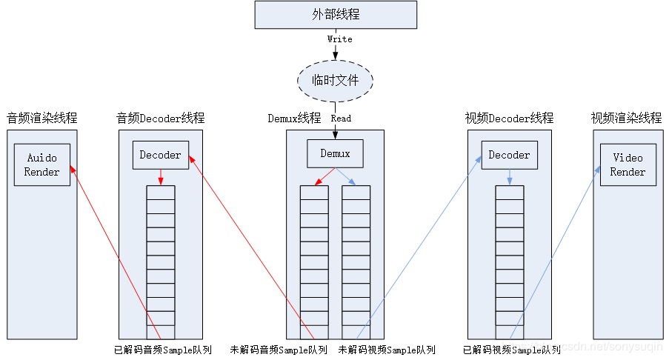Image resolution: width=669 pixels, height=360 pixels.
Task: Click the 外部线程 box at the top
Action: (x=335, y=15)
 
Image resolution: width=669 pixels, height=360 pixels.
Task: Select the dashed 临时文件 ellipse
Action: (x=335, y=79)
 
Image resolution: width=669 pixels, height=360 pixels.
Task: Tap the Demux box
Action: (x=335, y=154)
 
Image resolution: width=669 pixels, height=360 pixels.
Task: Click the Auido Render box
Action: (x=42, y=164)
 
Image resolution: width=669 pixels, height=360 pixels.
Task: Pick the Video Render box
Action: (x=628, y=164)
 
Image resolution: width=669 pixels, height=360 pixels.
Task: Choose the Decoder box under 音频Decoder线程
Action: (x=161, y=155)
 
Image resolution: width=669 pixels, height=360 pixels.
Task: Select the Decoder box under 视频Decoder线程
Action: (x=509, y=155)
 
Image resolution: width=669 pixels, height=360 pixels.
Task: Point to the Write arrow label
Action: (x=339, y=39)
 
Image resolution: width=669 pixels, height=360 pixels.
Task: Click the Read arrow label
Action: (x=341, y=118)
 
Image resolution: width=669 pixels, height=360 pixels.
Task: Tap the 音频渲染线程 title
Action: (x=42, y=118)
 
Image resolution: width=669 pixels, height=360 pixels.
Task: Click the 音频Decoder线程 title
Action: (x=161, y=118)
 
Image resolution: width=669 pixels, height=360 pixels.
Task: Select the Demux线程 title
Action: (x=294, y=118)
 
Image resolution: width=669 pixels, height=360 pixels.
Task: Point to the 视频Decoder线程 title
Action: (x=509, y=118)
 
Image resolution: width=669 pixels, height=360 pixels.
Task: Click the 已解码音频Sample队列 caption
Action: (x=163, y=350)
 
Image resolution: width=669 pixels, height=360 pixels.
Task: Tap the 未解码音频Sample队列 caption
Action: (x=279, y=350)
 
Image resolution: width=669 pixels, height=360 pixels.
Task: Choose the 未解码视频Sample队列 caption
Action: (x=387, y=350)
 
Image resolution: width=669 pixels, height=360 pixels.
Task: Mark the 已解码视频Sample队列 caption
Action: (x=511, y=350)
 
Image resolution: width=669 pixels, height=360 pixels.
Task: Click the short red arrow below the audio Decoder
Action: (x=161, y=176)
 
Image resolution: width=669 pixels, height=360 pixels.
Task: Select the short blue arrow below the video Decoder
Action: (x=509, y=176)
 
